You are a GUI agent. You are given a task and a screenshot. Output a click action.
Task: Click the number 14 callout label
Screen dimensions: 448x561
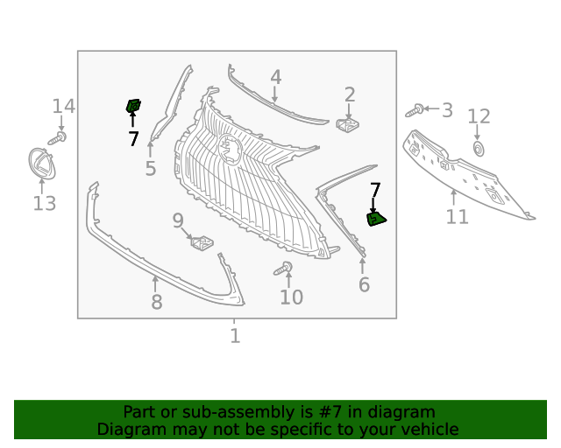click(x=63, y=107)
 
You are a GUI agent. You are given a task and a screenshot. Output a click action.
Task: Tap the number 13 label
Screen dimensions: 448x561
click(x=44, y=204)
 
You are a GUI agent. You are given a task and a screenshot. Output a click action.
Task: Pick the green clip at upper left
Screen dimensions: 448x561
click(x=133, y=107)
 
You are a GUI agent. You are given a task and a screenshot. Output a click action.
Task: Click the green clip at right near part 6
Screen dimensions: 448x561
click(x=376, y=219)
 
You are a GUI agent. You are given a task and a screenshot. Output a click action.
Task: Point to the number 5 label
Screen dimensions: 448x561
click(x=150, y=168)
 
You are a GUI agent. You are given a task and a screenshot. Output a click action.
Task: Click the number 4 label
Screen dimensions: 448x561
click(x=275, y=77)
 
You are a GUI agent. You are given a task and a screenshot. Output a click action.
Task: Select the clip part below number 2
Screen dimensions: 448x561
click(x=348, y=126)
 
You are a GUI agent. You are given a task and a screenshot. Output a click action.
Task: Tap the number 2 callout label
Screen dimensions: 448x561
click(x=350, y=94)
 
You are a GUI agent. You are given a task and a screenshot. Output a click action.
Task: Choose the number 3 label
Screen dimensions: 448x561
click(x=447, y=110)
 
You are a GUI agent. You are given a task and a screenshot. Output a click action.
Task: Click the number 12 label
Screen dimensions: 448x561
click(x=479, y=116)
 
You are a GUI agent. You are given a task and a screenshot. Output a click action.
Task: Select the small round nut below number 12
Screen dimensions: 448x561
click(x=479, y=148)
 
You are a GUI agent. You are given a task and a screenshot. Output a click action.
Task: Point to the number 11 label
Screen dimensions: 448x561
click(x=457, y=216)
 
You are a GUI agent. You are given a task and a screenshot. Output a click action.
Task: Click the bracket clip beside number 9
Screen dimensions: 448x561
click(x=202, y=241)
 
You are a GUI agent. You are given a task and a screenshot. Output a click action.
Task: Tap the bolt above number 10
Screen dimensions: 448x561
click(x=286, y=268)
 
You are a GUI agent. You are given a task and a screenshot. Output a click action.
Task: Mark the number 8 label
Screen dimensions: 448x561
click(x=156, y=303)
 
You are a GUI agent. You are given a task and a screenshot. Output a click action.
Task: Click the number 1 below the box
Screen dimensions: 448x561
click(x=235, y=336)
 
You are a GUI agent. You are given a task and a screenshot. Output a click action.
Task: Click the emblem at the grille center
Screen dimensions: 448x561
click(x=231, y=149)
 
